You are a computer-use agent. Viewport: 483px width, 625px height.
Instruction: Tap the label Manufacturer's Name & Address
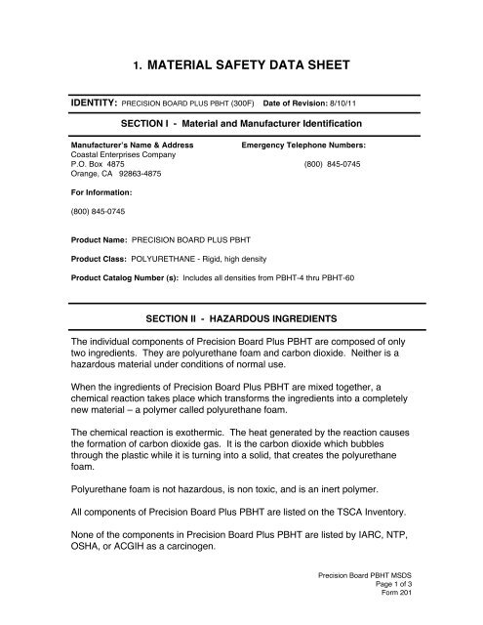(130, 144)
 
